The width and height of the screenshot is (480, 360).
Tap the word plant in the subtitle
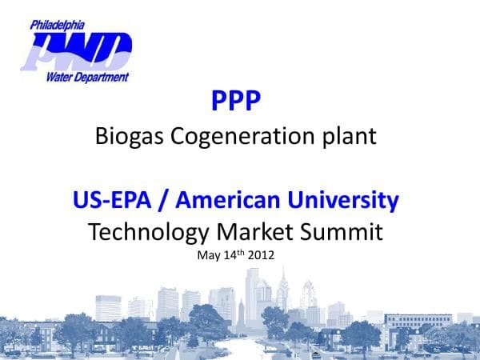click(x=350, y=138)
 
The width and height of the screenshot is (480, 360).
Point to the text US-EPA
click(x=112, y=199)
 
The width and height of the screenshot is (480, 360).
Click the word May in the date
click(x=206, y=257)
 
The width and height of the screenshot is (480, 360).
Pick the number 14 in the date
click(x=226, y=257)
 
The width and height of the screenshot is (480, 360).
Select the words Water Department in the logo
click(x=89, y=77)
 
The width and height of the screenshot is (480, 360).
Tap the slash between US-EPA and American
click(x=166, y=199)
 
